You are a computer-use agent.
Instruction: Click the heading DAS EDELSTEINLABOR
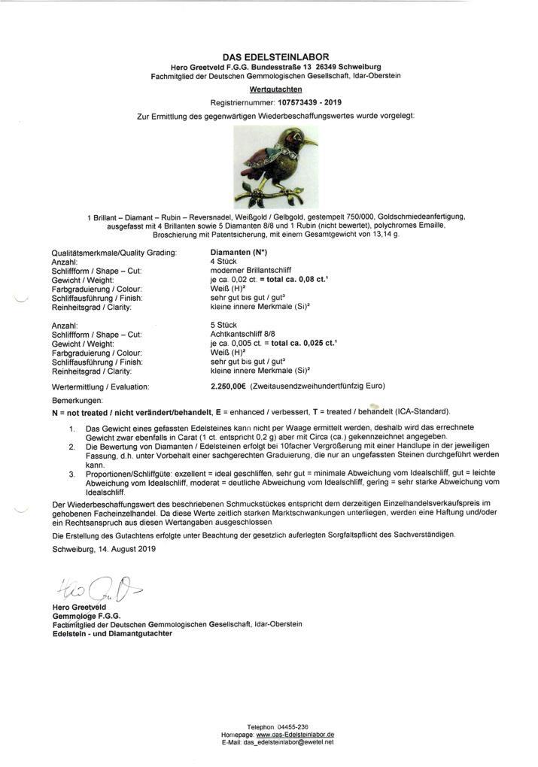click(x=275, y=57)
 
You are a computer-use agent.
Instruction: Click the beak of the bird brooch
click(x=310, y=141)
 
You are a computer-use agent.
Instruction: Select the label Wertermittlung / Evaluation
click(x=100, y=387)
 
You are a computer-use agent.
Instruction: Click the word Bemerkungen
click(x=75, y=401)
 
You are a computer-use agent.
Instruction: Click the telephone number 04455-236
click(x=282, y=726)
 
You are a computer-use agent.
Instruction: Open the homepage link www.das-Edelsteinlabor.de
click(x=295, y=734)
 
